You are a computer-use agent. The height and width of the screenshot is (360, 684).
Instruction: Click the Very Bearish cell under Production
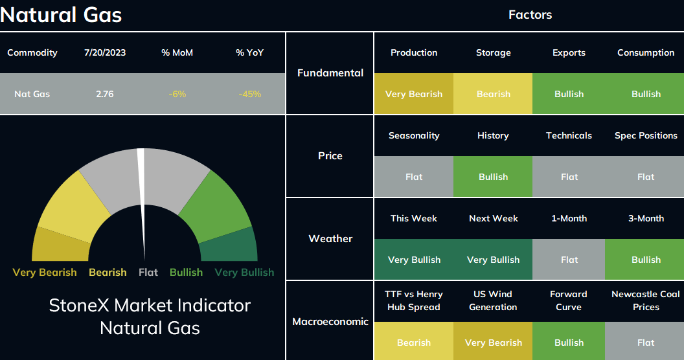(413, 94)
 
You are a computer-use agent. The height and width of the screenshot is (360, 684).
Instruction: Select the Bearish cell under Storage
(493, 94)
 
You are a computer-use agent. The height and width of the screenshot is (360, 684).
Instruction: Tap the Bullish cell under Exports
(569, 94)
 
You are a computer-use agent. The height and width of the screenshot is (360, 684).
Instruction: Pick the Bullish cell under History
(493, 177)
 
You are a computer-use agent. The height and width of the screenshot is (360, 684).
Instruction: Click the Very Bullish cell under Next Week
(493, 260)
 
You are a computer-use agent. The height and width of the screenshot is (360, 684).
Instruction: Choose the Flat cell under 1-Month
(569, 260)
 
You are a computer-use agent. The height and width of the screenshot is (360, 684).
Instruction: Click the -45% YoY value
(250, 94)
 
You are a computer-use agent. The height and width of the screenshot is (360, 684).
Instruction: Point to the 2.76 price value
(105, 94)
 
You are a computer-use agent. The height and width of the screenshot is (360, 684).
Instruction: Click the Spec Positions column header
(646, 135)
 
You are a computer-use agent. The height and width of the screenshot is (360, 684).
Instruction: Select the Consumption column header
(646, 52)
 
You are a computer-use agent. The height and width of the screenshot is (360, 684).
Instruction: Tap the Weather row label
(330, 238)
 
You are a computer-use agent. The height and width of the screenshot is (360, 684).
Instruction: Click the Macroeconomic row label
(330, 322)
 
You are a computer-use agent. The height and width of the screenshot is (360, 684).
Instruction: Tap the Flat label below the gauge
(148, 273)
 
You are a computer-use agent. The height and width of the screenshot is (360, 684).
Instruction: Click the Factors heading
(530, 15)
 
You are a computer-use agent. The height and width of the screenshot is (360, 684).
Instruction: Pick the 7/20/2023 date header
(105, 52)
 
